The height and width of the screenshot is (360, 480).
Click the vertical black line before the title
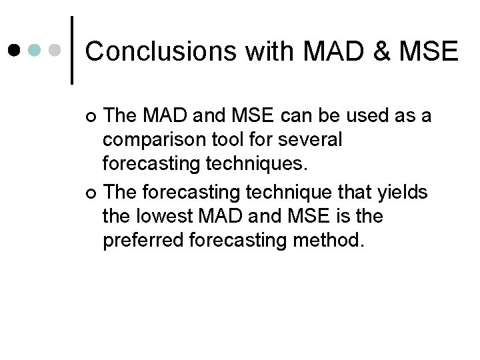coord(72,51)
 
